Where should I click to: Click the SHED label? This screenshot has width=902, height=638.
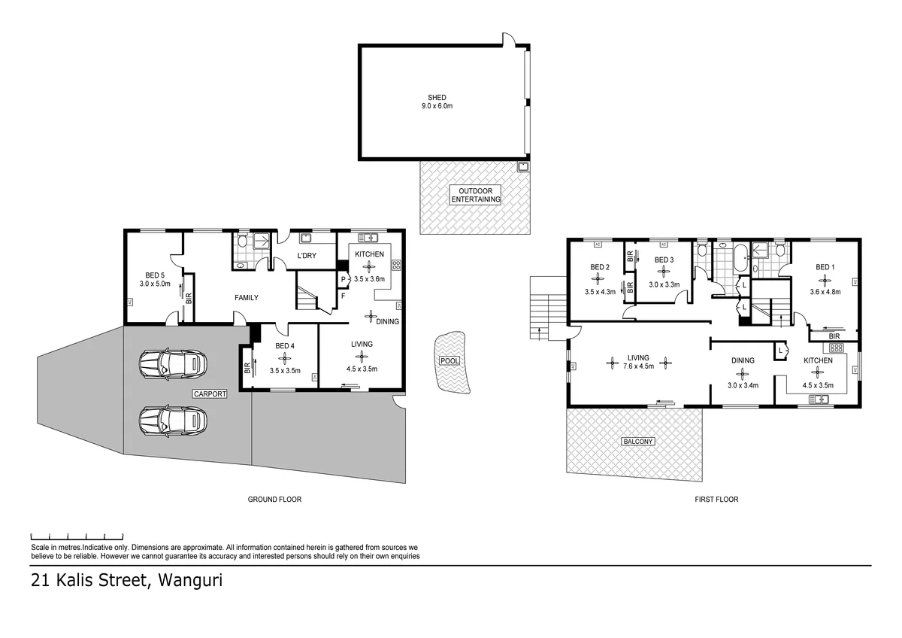(x=437, y=98)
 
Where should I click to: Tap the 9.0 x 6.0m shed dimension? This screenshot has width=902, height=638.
(x=437, y=106)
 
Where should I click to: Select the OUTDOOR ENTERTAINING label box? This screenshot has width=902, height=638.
(x=475, y=195)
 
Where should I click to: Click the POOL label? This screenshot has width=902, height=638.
(x=449, y=360)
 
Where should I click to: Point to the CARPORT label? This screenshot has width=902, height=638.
(x=210, y=393)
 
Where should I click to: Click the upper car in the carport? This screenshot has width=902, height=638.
(x=173, y=364)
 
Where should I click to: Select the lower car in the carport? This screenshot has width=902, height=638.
(x=173, y=421)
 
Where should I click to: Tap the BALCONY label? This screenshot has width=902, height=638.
(x=638, y=442)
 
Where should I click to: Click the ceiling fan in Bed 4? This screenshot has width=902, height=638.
(x=285, y=358)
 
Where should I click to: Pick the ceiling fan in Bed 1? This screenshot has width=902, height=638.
(x=825, y=281)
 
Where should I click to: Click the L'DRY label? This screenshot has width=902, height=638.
(x=307, y=256)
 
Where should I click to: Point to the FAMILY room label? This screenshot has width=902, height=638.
(x=247, y=298)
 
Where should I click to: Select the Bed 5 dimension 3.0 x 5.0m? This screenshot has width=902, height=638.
(x=155, y=284)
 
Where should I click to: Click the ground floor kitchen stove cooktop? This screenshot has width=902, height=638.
(x=396, y=265)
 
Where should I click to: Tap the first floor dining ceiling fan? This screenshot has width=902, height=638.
(x=742, y=375)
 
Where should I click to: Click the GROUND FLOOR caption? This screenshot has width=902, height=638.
(x=274, y=500)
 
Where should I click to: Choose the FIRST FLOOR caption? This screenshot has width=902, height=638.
(x=716, y=500)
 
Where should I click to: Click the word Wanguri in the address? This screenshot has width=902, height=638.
(x=190, y=580)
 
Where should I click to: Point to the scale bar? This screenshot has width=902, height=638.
(x=77, y=536)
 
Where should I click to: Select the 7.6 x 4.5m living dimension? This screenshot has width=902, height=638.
(x=638, y=366)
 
